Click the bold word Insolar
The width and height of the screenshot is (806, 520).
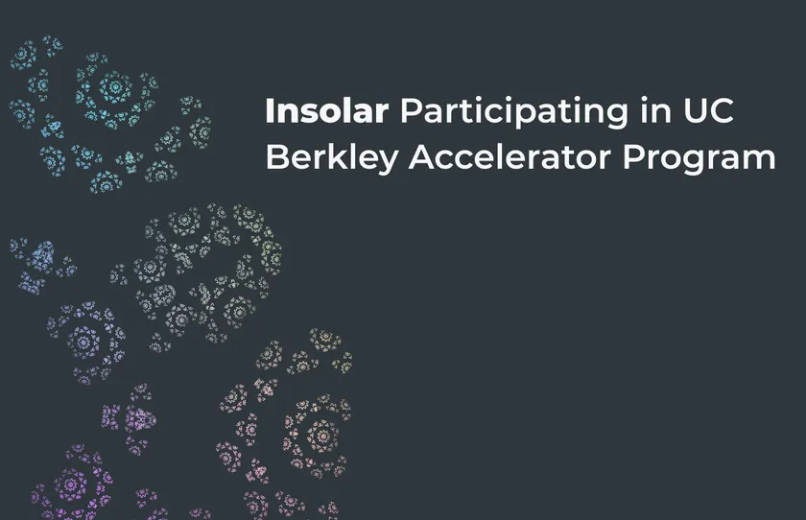(x=327, y=111)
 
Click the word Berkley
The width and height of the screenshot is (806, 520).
(x=332, y=158)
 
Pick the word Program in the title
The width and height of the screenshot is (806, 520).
(x=699, y=159)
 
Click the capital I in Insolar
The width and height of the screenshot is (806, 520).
(x=269, y=111)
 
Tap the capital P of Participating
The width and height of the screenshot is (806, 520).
(x=412, y=111)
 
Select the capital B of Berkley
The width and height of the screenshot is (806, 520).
(x=277, y=156)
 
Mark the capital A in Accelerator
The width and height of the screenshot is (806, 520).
(x=422, y=156)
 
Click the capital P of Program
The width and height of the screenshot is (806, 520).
(x=634, y=156)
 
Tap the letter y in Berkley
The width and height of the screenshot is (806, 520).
(x=387, y=163)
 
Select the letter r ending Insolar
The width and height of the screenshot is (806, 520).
(x=383, y=114)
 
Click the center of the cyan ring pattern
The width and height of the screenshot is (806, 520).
(x=114, y=85)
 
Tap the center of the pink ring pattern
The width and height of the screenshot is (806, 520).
(x=322, y=437)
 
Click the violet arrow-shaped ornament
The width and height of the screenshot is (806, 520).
(x=140, y=418)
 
